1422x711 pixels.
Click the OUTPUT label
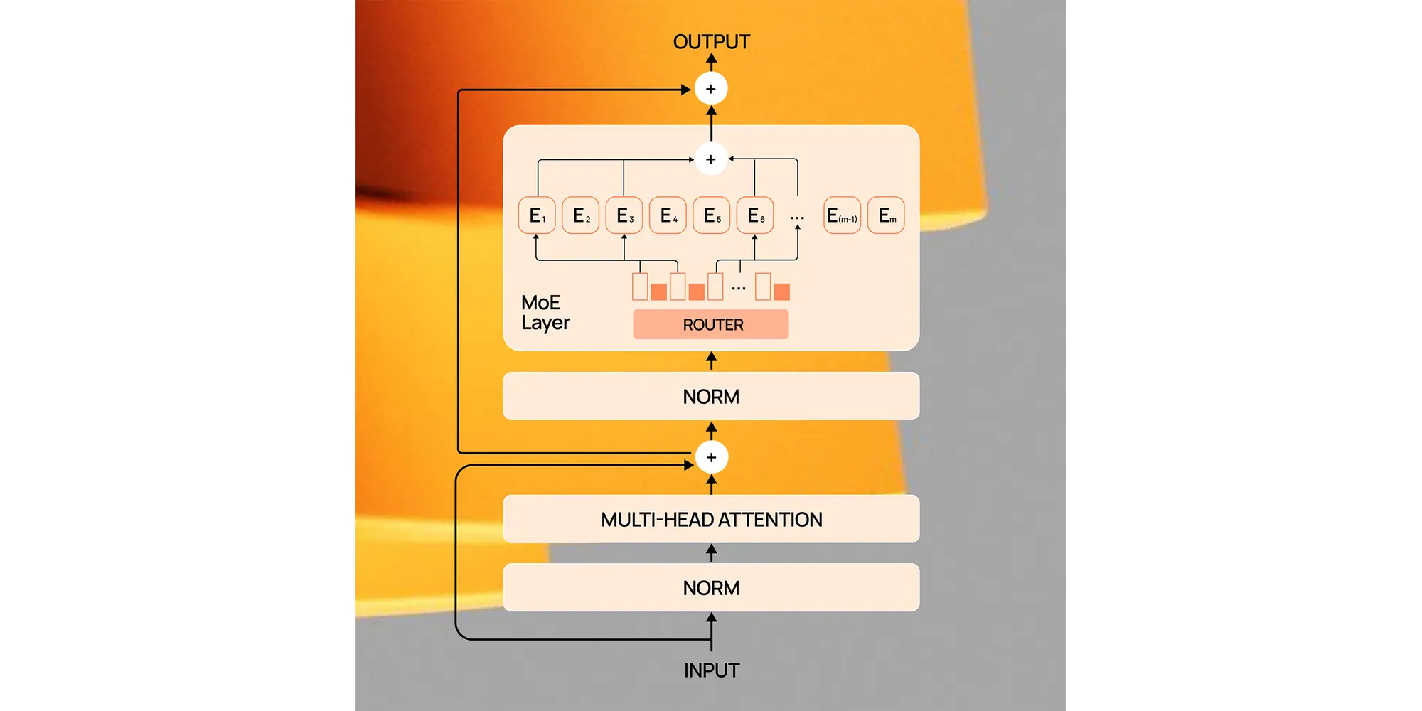tap(711, 42)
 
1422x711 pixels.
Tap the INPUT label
tap(711, 670)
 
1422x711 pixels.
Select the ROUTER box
tap(711, 324)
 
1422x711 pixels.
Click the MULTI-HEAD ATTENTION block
tap(711, 520)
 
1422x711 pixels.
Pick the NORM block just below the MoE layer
tap(711, 396)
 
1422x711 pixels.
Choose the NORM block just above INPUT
tap(711, 588)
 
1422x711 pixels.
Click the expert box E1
tap(537, 215)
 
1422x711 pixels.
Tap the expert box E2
tap(581, 215)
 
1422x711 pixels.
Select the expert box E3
tap(624, 215)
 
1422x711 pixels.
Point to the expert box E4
tap(668, 215)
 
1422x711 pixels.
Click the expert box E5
tap(712, 215)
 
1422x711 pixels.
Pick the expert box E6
tap(755, 215)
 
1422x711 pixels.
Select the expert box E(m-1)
tap(842, 215)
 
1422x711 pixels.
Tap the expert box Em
tap(886, 215)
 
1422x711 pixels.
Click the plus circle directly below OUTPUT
tap(711, 89)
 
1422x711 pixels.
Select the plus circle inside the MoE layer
tap(711, 159)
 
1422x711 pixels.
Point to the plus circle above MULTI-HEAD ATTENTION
tap(711, 457)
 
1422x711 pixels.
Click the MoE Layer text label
tap(545, 313)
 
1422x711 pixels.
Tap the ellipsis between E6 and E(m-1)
tap(797, 218)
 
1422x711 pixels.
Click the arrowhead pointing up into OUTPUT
tap(711, 60)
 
